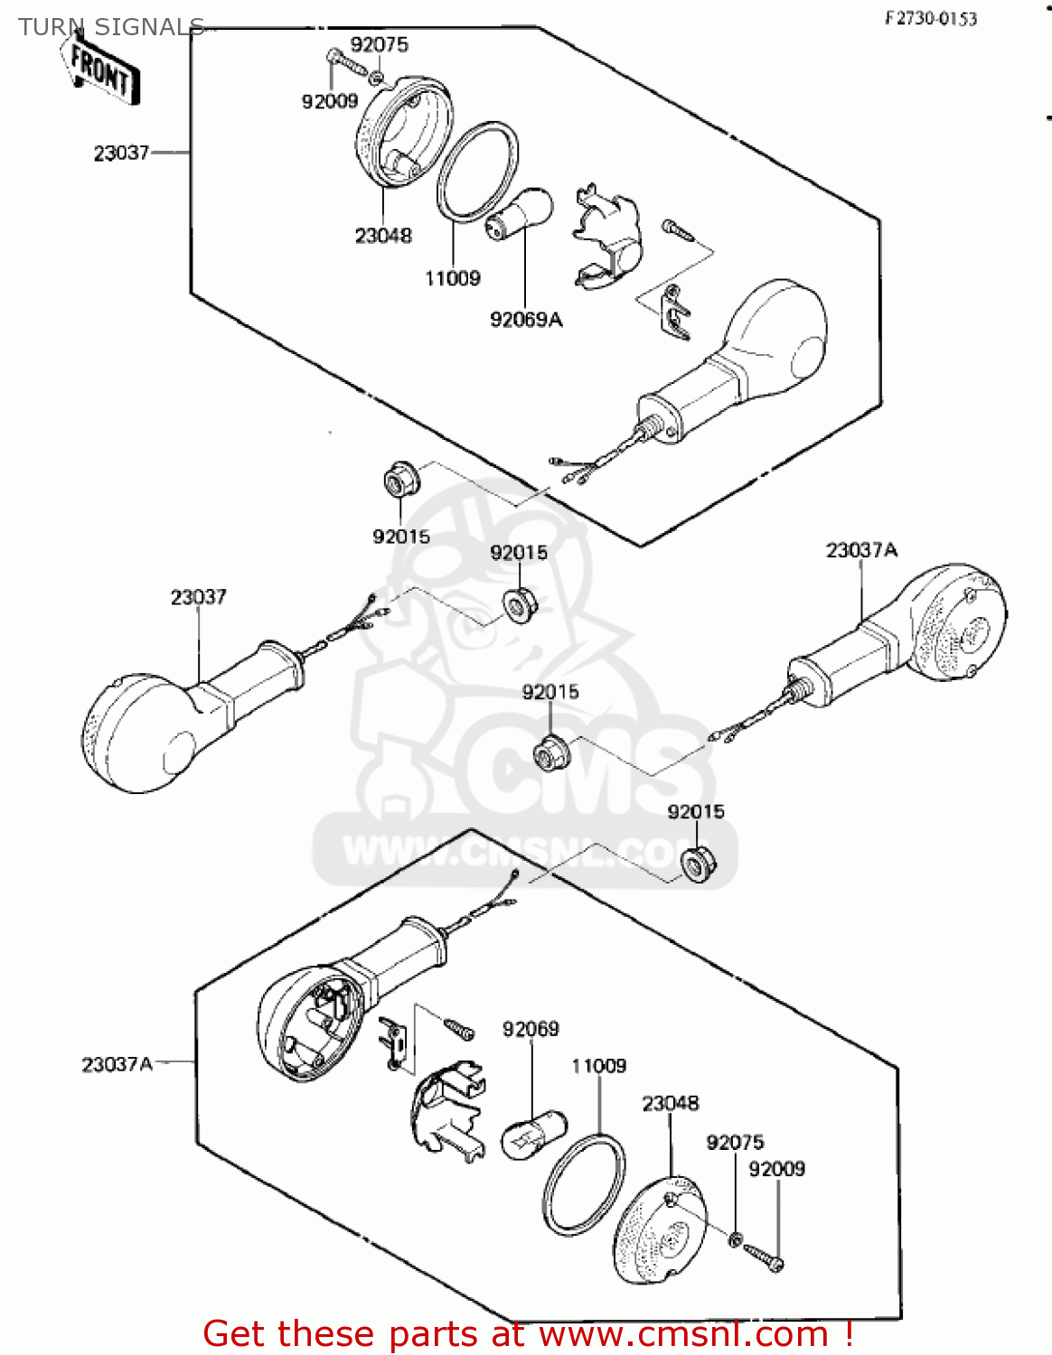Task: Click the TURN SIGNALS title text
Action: pos(111,27)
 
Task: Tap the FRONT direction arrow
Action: pos(102,71)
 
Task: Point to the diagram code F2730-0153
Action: pos(930,19)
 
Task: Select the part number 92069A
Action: pos(525,320)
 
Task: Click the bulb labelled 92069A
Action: pos(520,212)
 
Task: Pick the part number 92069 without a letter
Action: pos(531,1030)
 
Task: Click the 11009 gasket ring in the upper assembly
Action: pos(477,172)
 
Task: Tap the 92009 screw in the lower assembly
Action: pos(765,1257)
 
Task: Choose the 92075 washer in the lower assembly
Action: pos(736,1238)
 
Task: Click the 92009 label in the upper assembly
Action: pos(330,101)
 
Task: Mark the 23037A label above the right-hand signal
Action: pos(861,550)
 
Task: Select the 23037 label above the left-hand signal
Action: pos(198,597)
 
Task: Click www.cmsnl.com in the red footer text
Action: pos(683,1333)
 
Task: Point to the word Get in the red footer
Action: pos(239,1333)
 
